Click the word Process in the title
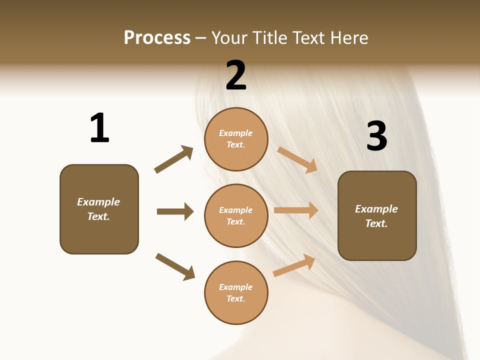[x=157, y=38]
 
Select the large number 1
[x=99, y=128]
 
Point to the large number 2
[x=236, y=75]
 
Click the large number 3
[x=376, y=136]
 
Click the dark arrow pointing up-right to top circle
[x=174, y=159]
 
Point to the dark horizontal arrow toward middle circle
[x=175, y=211]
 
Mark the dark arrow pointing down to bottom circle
[x=175, y=266]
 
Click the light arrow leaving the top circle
[x=297, y=159]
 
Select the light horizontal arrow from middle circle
[x=296, y=210]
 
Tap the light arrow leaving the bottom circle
[x=294, y=265]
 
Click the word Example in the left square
[x=98, y=202]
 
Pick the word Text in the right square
[x=375, y=223]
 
